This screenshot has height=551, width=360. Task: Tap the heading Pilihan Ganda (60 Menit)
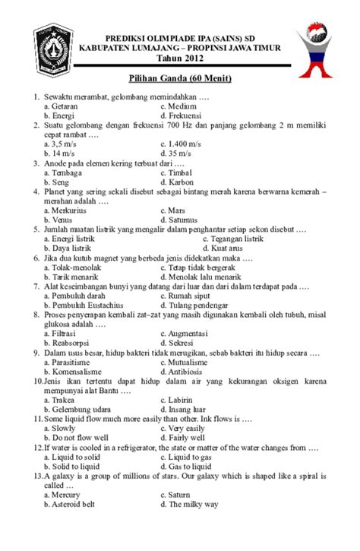pyautogui.click(x=180, y=79)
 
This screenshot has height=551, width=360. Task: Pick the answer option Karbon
pyautogui.click(x=181, y=182)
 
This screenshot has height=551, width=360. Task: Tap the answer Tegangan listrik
pyautogui.click(x=236, y=239)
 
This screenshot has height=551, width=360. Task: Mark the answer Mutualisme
pyautogui.click(x=191, y=363)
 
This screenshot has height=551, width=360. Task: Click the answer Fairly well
pyautogui.click(x=187, y=438)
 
